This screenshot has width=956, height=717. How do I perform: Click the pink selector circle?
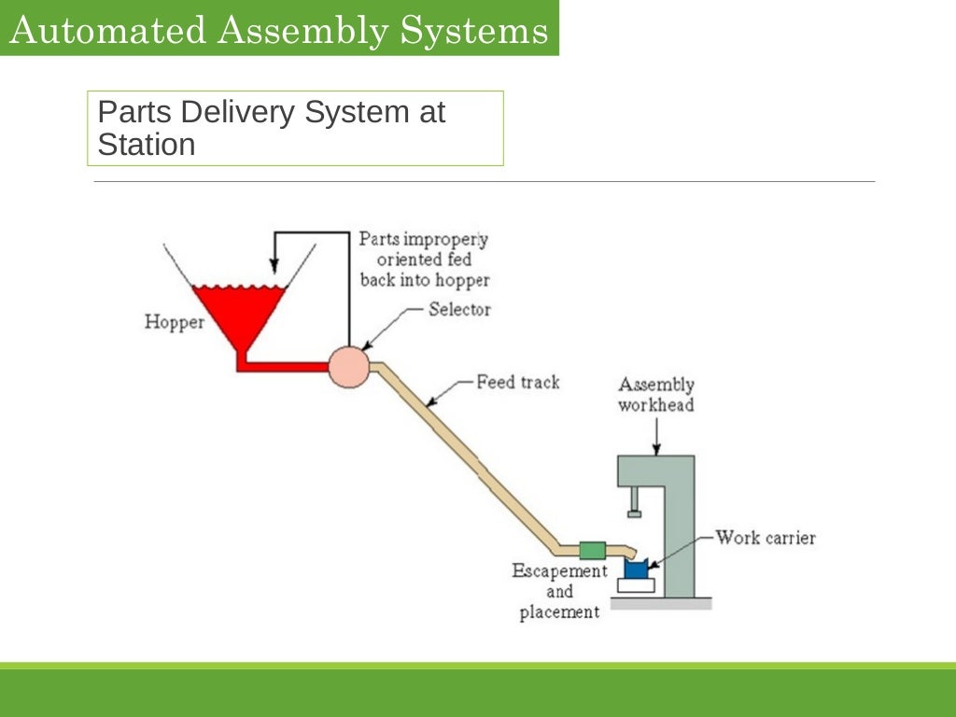click(x=349, y=366)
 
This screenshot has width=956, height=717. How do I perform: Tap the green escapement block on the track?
click(x=592, y=550)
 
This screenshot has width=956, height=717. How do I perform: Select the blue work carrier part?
click(x=635, y=569)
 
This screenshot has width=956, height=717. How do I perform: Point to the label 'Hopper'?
click(x=174, y=323)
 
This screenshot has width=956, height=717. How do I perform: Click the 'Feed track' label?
click(x=517, y=382)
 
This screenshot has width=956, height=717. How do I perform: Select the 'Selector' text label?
click(x=459, y=309)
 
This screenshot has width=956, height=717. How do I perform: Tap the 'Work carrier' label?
click(x=765, y=538)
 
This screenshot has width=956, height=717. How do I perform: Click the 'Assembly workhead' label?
click(x=656, y=395)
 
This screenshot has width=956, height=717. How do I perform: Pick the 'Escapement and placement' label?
click(x=559, y=592)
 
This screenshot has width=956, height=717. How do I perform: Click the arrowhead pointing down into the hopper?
click(x=274, y=262)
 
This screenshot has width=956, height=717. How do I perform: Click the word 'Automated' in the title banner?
click(x=105, y=31)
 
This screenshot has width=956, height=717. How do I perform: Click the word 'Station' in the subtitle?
click(x=147, y=145)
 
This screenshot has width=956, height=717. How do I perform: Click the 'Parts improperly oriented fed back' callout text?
click(x=424, y=260)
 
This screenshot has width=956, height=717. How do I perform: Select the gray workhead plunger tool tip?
click(x=635, y=511)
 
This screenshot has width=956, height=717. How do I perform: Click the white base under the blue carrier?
click(x=635, y=586)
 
